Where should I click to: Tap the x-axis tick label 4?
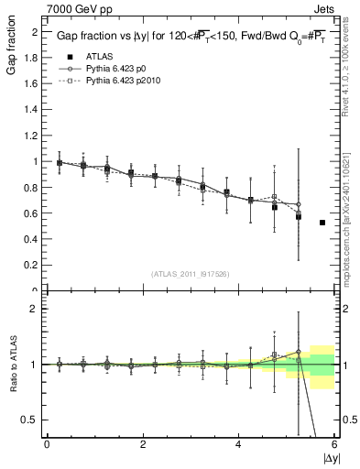(238, 444)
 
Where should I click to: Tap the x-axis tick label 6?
(334, 444)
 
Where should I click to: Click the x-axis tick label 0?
(47, 444)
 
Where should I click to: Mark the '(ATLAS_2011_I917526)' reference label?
(190, 275)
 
